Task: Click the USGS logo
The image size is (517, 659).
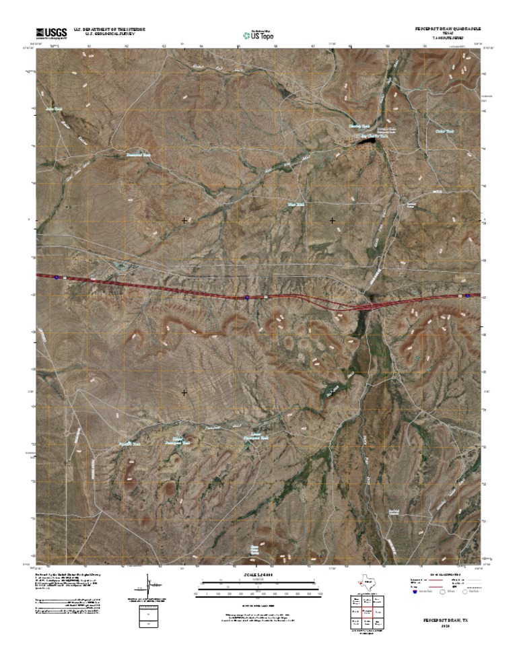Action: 50,32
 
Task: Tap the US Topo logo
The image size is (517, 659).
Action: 258,34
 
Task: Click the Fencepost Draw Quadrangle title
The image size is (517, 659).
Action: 445,30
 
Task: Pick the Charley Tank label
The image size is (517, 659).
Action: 359,126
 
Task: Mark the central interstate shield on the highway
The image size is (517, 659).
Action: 247,296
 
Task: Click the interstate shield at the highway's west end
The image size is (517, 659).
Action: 57,277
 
